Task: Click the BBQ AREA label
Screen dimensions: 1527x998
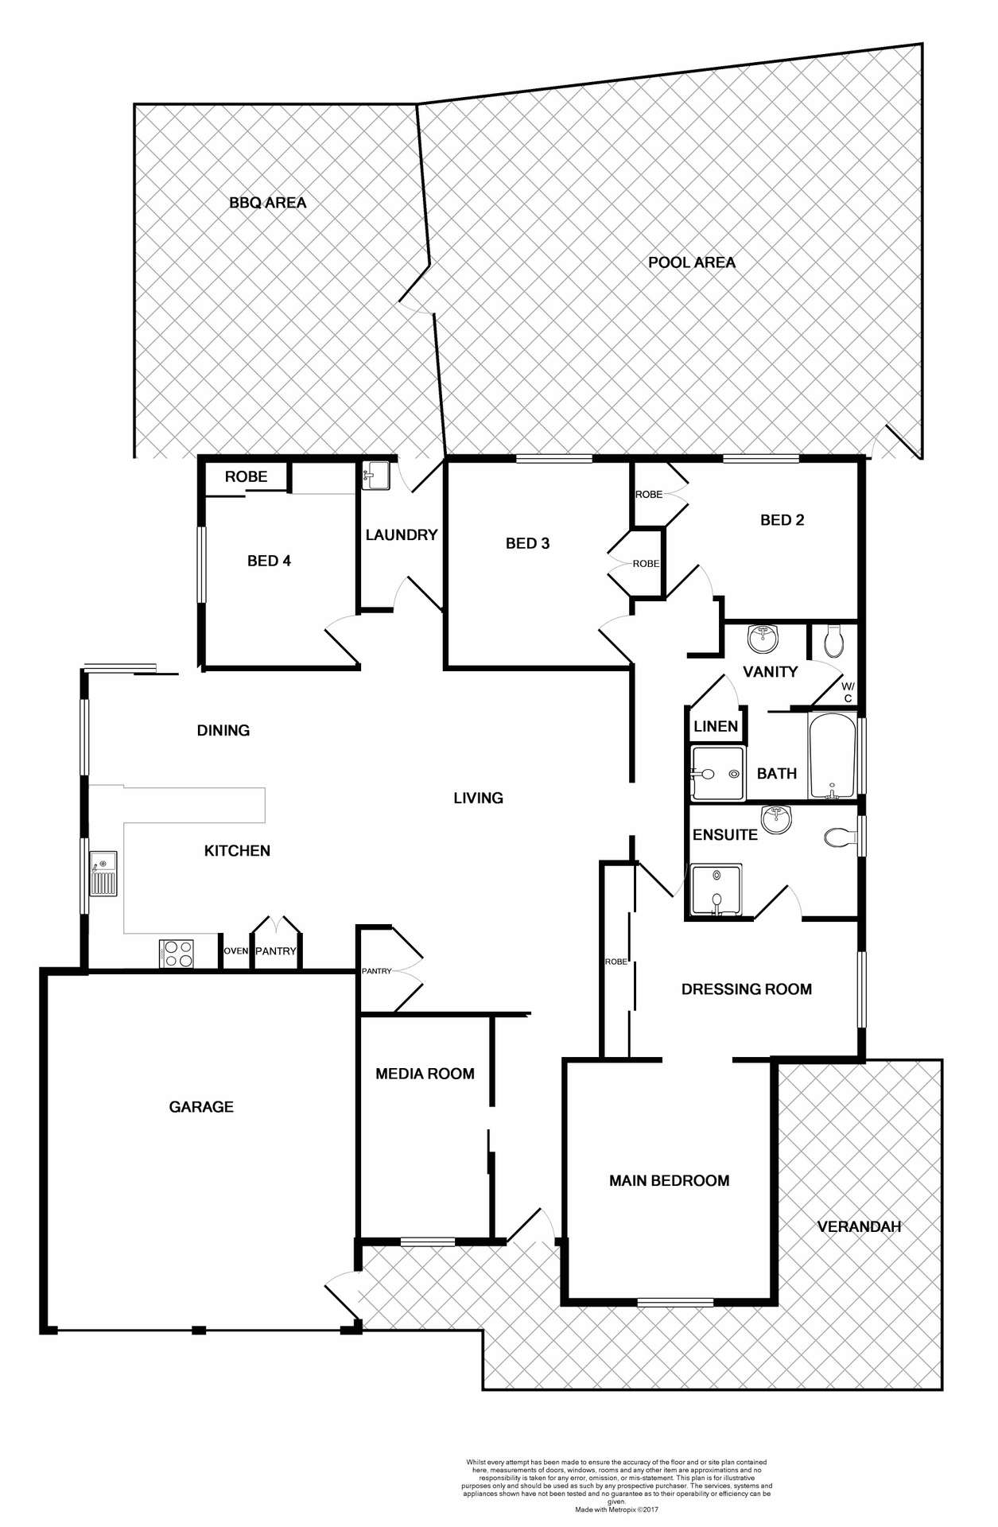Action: point(267,203)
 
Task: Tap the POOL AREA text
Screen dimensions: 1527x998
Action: point(691,262)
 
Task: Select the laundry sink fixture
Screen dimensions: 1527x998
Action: point(375,476)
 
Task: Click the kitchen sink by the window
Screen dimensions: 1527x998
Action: point(103,873)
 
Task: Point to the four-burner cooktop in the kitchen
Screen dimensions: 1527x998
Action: point(177,954)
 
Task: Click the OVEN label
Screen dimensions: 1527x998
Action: point(235,951)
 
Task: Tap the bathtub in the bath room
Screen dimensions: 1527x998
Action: point(832,756)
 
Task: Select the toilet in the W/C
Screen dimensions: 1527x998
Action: point(833,640)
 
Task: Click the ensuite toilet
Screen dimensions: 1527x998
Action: point(839,837)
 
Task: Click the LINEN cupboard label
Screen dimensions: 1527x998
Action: point(716,726)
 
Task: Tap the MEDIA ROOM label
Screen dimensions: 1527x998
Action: point(425,1074)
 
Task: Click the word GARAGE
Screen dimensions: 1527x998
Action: point(201,1107)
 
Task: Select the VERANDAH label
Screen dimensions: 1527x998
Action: point(859,1226)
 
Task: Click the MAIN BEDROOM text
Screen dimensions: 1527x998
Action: point(669,1181)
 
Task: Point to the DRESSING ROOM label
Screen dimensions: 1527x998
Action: point(746,989)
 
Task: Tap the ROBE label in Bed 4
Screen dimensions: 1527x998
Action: point(246,477)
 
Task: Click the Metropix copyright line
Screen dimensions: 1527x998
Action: point(617,1509)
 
